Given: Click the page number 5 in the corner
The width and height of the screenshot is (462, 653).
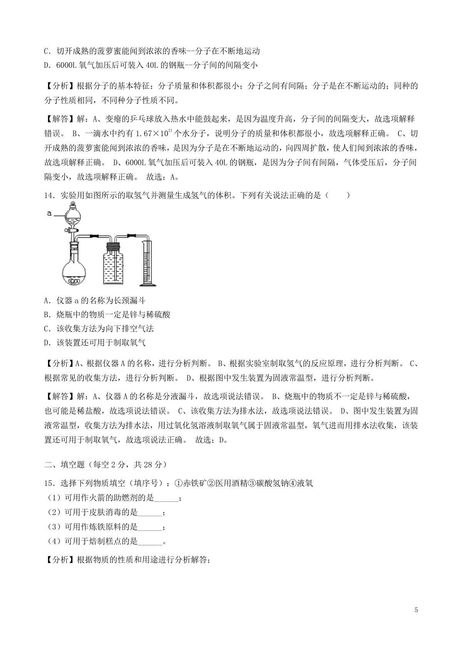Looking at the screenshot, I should (x=415, y=610).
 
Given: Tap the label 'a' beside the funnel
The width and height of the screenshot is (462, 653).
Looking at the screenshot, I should (x=49, y=212).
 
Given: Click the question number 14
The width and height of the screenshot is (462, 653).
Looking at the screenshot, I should (x=49, y=195).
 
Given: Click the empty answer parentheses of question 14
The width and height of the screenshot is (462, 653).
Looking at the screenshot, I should (x=338, y=195).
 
